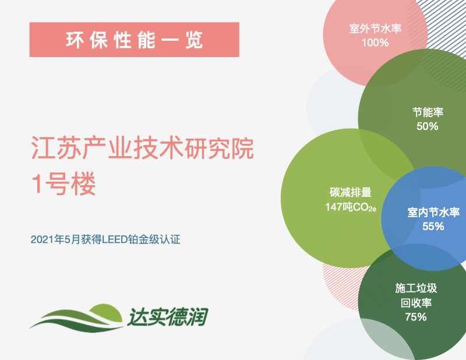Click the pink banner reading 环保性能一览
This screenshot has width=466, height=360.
click(135, 40)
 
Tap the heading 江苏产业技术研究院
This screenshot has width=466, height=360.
click(142, 148)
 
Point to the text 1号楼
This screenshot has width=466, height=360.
click(63, 183)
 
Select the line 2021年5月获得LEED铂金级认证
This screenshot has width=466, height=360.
click(105, 239)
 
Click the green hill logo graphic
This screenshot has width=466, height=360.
click(77, 317)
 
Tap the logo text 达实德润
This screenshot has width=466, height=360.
click(168, 317)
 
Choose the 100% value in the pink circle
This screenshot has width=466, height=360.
click(375, 43)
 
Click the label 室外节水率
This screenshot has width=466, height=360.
click(375, 29)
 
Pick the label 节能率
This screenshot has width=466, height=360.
click(428, 112)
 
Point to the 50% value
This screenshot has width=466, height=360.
click(428, 126)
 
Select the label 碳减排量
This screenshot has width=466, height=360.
click(351, 192)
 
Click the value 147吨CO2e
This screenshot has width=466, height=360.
click(351, 207)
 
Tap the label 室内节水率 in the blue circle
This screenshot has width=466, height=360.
click(433, 212)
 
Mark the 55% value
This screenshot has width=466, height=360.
click(433, 227)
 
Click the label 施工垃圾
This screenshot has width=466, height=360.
click(416, 288)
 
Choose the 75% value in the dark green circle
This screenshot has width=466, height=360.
click(416, 317)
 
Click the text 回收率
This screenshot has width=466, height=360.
click(416, 303)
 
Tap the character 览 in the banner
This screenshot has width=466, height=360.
click(194, 40)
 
